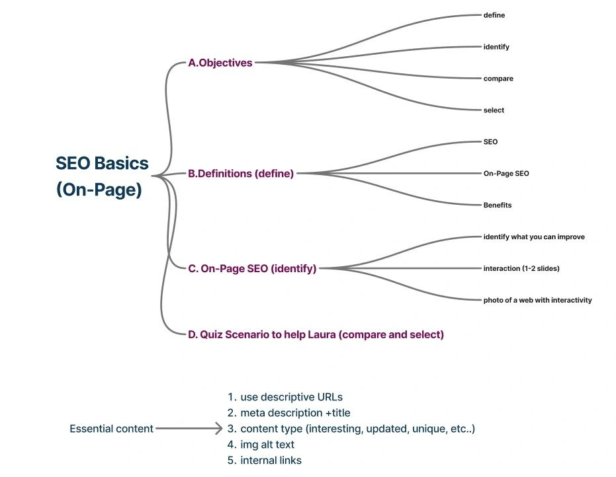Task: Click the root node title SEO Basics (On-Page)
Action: [x=102, y=176]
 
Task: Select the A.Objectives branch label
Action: [x=220, y=63]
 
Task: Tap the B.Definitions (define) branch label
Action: [x=241, y=174]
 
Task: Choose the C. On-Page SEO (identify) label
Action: [x=252, y=268]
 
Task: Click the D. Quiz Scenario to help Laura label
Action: [x=316, y=334]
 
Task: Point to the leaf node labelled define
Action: [x=494, y=15]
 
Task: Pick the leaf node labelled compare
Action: [x=498, y=79]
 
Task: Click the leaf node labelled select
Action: [x=494, y=110]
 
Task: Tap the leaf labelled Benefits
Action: [x=498, y=205]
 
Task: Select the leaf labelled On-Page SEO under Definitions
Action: [x=506, y=174]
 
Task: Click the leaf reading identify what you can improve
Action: [x=534, y=237]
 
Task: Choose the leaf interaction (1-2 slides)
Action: [x=522, y=268]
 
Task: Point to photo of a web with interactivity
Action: [x=537, y=300]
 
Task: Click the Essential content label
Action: [x=111, y=429]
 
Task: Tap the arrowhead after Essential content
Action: [x=217, y=429]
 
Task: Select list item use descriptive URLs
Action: [x=291, y=397]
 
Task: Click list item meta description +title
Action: [x=295, y=413]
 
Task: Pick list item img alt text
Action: [x=267, y=445]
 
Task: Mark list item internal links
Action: [x=271, y=460]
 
